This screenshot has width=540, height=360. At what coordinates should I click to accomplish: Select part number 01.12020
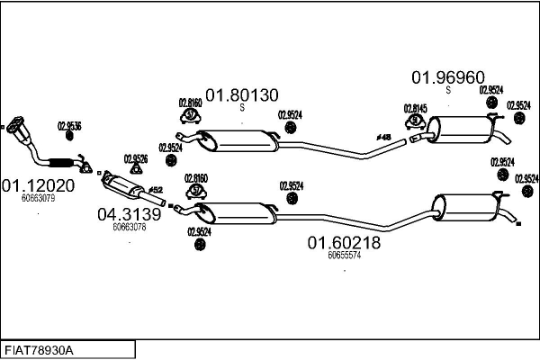(x=37, y=185)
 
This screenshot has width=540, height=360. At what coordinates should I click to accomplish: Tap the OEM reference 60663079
(x=38, y=198)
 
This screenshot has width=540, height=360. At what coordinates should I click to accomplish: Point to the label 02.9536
(x=69, y=126)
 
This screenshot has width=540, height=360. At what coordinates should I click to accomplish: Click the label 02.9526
(x=135, y=158)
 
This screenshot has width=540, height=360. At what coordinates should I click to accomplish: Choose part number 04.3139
(x=129, y=215)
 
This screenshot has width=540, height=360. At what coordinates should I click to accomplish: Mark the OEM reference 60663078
(x=129, y=227)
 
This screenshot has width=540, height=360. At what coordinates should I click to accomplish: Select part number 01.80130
(x=242, y=94)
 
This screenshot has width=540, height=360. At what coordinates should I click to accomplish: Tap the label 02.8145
(x=414, y=108)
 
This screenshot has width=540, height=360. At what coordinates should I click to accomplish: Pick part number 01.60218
(x=344, y=242)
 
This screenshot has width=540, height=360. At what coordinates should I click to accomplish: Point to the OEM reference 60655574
(x=344, y=255)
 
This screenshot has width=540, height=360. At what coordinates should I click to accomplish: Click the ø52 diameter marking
(x=155, y=190)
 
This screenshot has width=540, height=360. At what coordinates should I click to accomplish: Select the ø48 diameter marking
(x=382, y=137)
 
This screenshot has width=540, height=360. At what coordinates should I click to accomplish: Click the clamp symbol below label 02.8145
(x=414, y=121)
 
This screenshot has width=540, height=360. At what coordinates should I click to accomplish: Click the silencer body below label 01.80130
(x=240, y=141)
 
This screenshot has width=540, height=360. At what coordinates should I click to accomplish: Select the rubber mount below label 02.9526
(x=136, y=170)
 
